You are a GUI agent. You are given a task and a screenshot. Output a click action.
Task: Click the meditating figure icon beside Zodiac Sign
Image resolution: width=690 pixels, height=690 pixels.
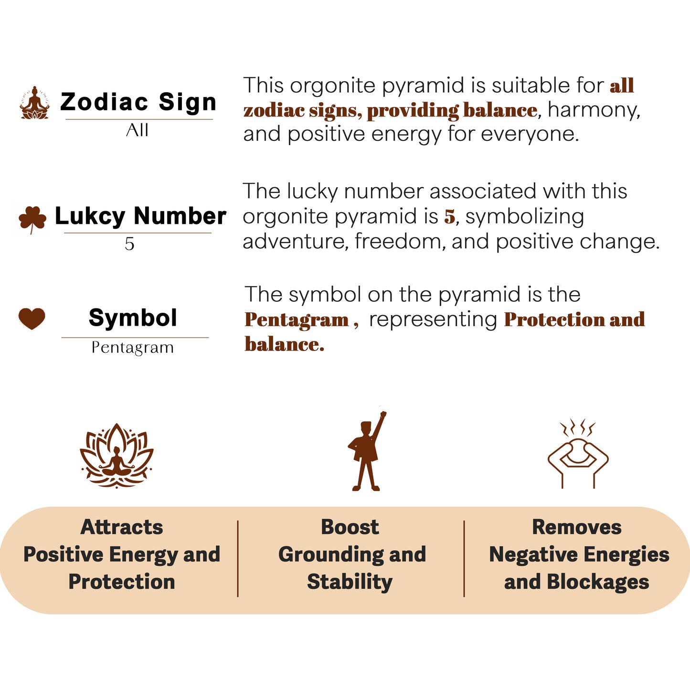(34, 103)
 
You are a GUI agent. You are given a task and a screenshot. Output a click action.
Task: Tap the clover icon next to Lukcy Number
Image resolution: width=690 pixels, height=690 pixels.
(32, 219)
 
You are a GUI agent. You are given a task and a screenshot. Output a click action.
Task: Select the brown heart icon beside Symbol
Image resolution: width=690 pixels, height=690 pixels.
(32, 318)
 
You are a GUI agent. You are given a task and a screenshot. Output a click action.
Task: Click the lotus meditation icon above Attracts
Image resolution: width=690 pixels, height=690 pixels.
(117, 456)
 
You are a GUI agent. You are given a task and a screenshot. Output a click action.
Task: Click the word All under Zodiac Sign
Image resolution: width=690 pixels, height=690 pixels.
(138, 130)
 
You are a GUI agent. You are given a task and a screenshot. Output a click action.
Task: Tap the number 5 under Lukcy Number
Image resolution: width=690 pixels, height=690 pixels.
(129, 244)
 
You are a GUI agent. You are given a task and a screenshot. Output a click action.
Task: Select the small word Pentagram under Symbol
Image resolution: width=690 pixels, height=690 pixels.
(133, 348)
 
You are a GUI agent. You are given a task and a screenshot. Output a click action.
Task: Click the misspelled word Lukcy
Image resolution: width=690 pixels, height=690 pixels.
(90, 216)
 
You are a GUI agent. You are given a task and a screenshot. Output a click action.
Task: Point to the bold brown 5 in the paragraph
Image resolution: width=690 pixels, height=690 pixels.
(449, 216)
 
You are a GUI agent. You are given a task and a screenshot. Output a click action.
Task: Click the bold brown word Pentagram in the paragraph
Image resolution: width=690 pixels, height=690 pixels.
(297, 320)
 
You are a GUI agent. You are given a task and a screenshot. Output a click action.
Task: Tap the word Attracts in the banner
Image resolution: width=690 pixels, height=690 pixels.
(122, 527)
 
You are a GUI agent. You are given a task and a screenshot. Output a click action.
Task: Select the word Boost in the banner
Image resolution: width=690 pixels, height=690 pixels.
(350, 527)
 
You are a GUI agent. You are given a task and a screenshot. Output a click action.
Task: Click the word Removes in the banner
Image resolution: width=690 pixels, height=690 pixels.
(577, 527)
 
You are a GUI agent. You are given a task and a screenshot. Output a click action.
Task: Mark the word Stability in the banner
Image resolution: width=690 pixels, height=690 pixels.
(350, 582)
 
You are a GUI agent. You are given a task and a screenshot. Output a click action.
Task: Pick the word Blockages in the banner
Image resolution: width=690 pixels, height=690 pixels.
(597, 582)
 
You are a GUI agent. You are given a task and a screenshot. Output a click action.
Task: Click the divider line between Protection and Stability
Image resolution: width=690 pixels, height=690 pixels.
(238, 559)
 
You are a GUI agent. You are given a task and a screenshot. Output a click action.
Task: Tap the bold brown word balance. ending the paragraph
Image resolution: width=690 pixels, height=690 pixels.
(285, 344)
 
